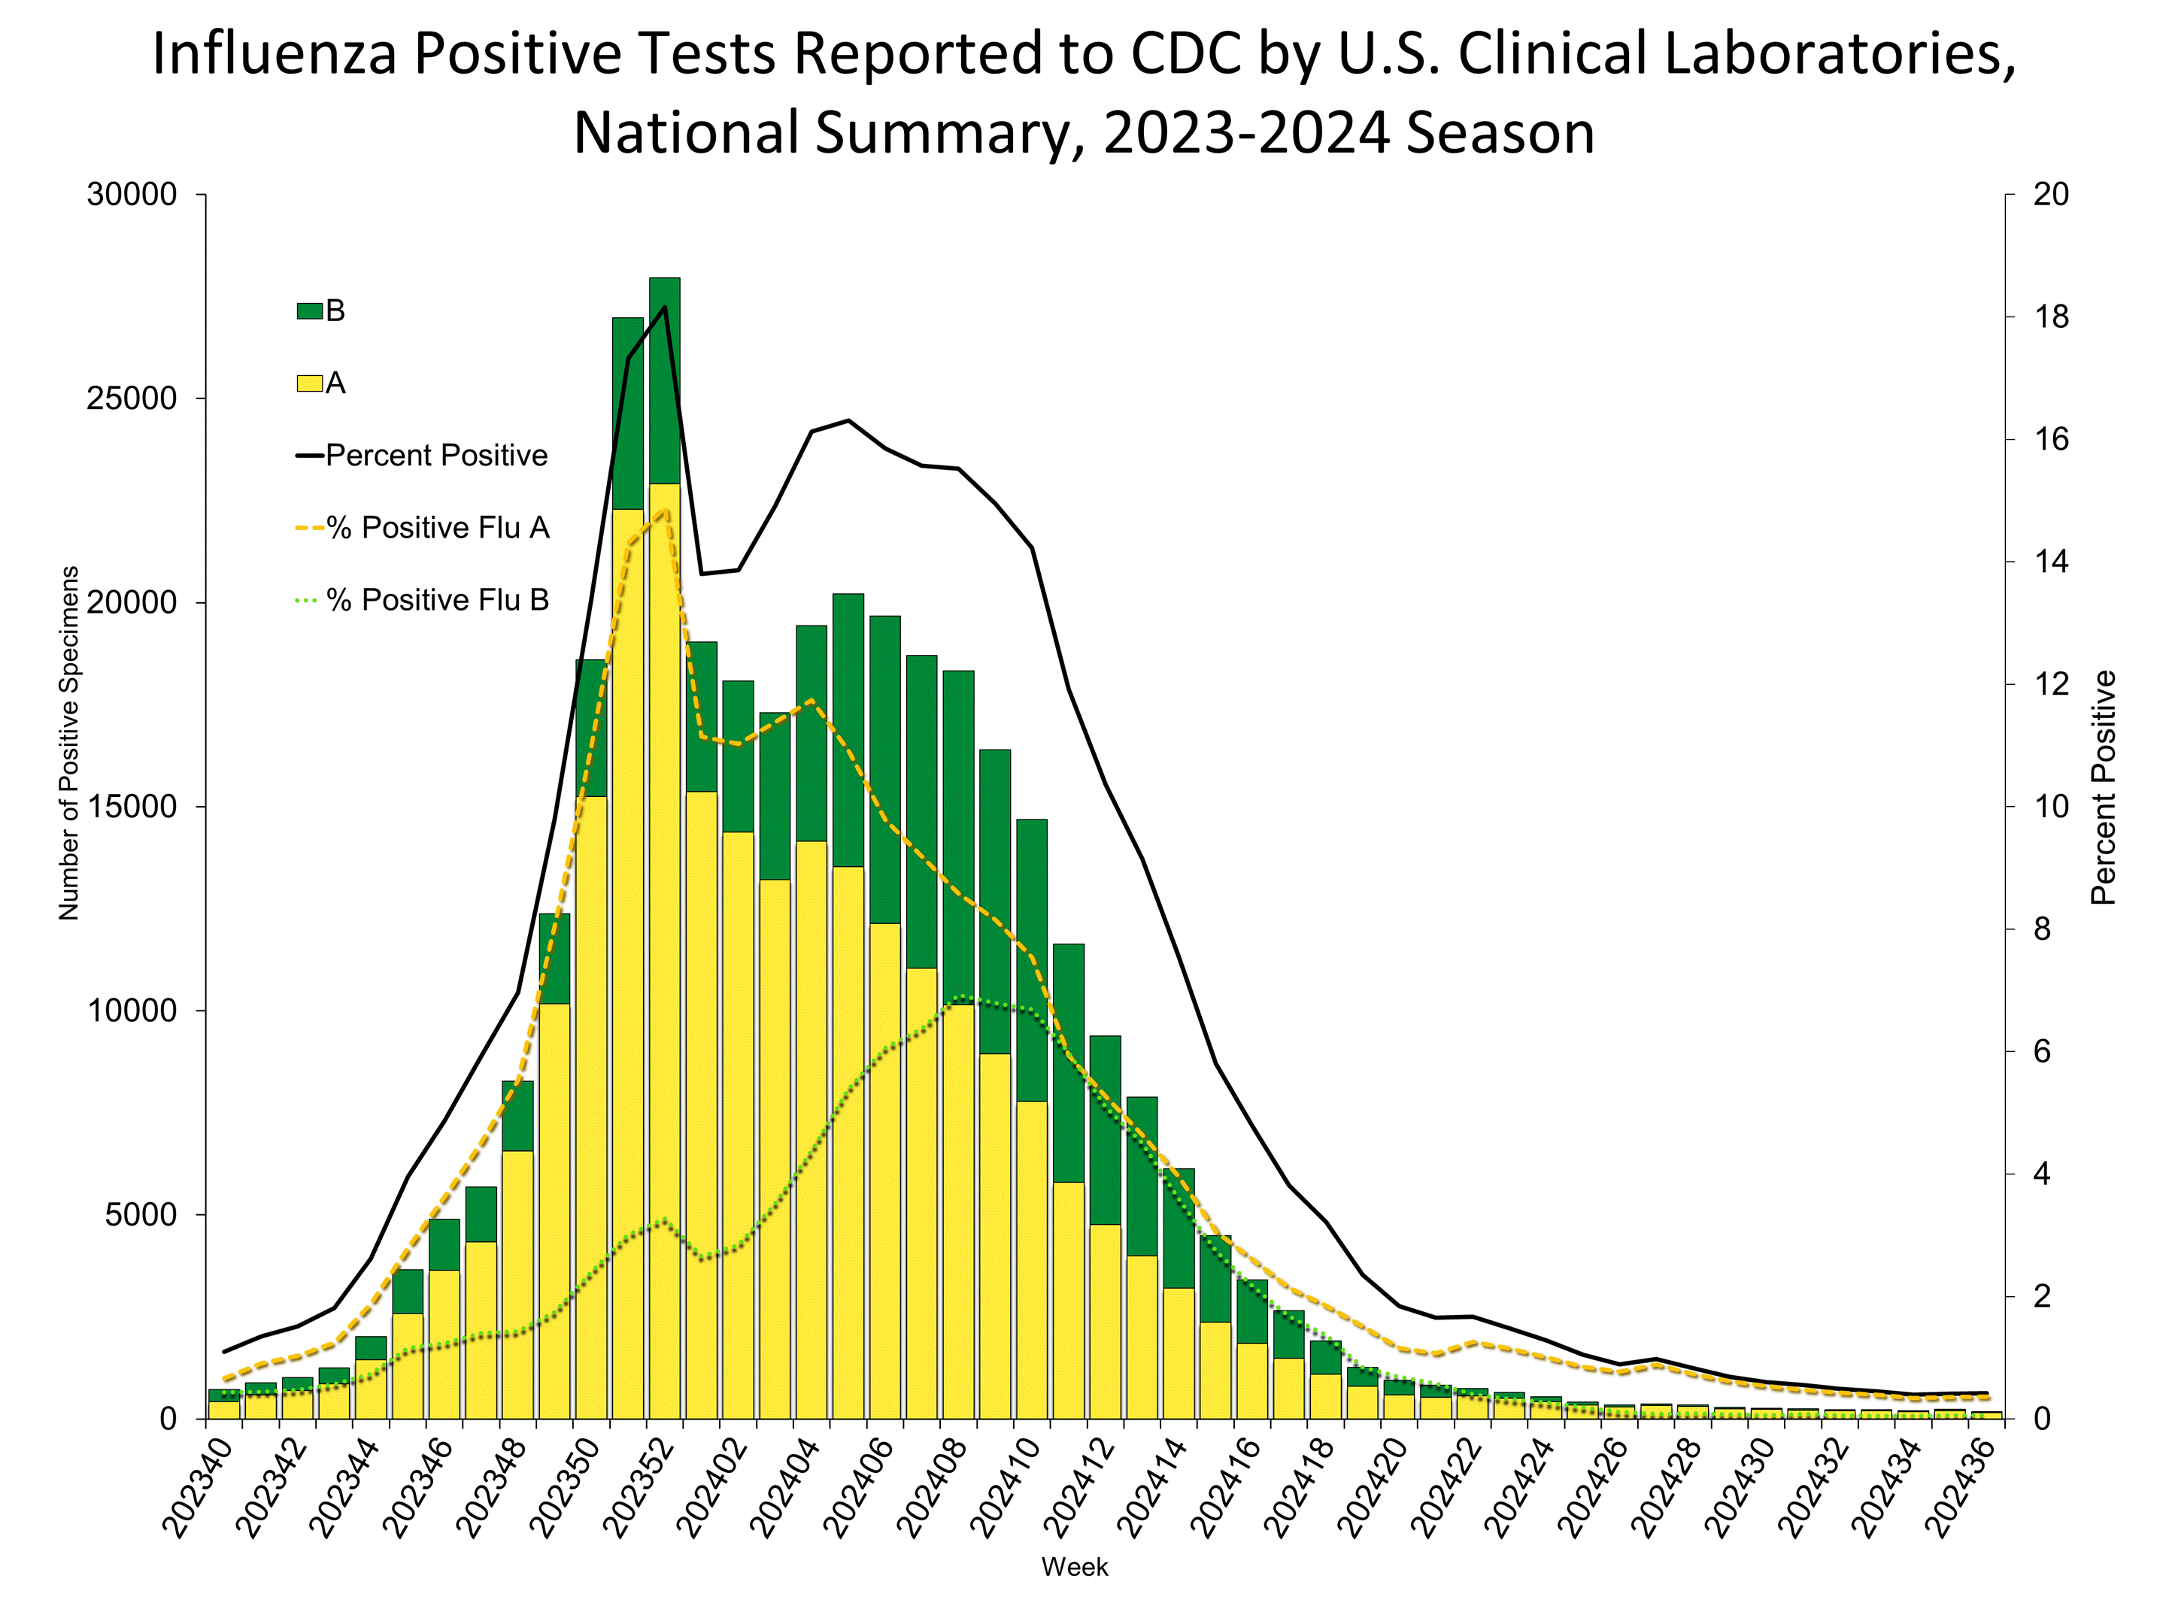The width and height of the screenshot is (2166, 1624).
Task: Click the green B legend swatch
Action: coord(309,311)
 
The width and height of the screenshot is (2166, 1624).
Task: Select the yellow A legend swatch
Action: coord(309,383)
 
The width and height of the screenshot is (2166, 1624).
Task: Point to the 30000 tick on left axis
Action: coord(132,195)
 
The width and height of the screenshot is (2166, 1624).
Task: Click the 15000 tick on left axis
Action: coord(132,807)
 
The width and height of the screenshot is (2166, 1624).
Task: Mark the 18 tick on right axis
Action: coord(2050,317)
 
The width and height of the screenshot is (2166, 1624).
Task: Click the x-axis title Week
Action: coord(1074,1567)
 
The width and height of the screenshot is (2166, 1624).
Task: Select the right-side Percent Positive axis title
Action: coord(2104,787)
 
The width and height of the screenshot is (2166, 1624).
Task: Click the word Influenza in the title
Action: coord(275,54)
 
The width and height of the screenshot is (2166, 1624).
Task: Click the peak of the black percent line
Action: coord(665,307)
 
